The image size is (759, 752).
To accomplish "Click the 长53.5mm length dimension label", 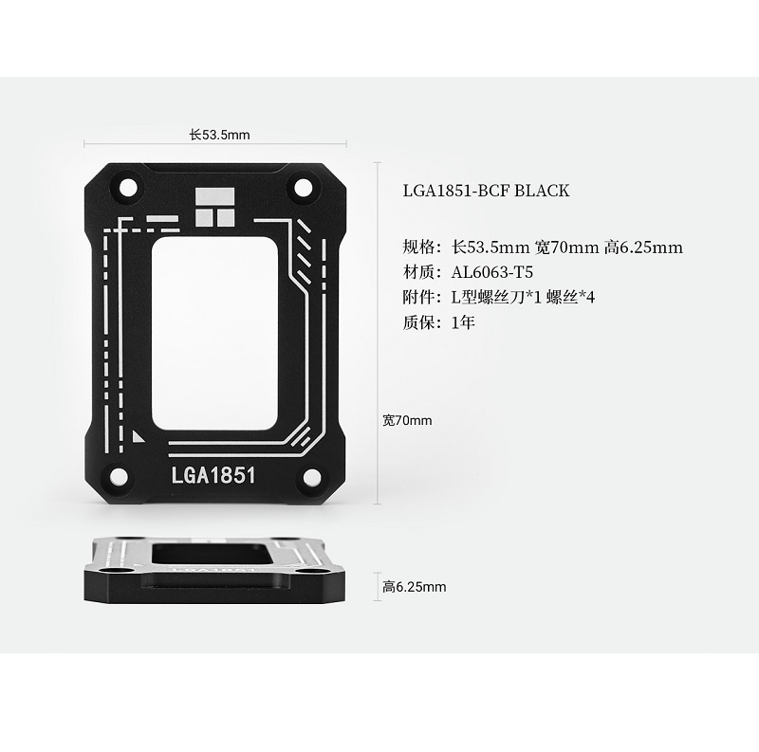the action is tap(219, 135).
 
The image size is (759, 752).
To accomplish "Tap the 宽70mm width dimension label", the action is tap(407, 419).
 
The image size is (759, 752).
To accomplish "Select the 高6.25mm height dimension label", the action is tap(414, 587).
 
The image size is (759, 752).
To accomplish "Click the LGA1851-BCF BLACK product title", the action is tap(486, 191).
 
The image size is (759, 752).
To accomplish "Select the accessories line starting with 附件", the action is tap(498, 298).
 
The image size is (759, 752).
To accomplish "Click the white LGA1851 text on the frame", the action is tap(213, 474).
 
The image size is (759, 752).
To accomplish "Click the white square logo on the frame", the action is tap(213, 207).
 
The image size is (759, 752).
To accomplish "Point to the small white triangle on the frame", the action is tap(139, 436).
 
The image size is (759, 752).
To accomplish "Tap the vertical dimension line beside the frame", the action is tap(379, 332).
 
